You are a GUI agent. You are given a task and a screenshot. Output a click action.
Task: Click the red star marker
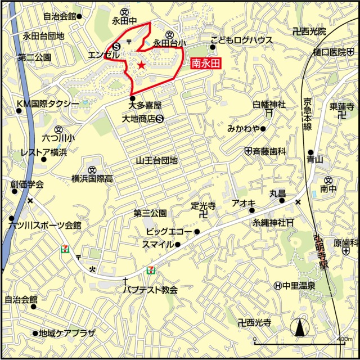pyautogui.click(x=141, y=66)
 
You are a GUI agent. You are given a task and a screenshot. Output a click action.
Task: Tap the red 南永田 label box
pyautogui.click(x=205, y=64)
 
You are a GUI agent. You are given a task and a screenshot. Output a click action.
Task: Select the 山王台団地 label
pyautogui.click(x=156, y=160)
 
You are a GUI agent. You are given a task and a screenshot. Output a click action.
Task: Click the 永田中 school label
pyautogui.click(x=124, y=21)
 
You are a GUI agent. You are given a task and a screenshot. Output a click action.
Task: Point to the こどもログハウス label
pyautogui.click(x=241, y=40)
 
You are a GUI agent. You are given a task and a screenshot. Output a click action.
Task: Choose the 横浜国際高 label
pyautogui.click(x=92, y=178)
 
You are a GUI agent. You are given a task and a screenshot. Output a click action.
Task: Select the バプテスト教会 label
pyautogui.click(x=151, y=290)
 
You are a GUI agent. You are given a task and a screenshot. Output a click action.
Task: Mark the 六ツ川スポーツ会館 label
pyautogui.click(x=45, y=225)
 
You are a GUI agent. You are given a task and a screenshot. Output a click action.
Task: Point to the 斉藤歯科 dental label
pyautogui.click(x=269, y=151)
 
